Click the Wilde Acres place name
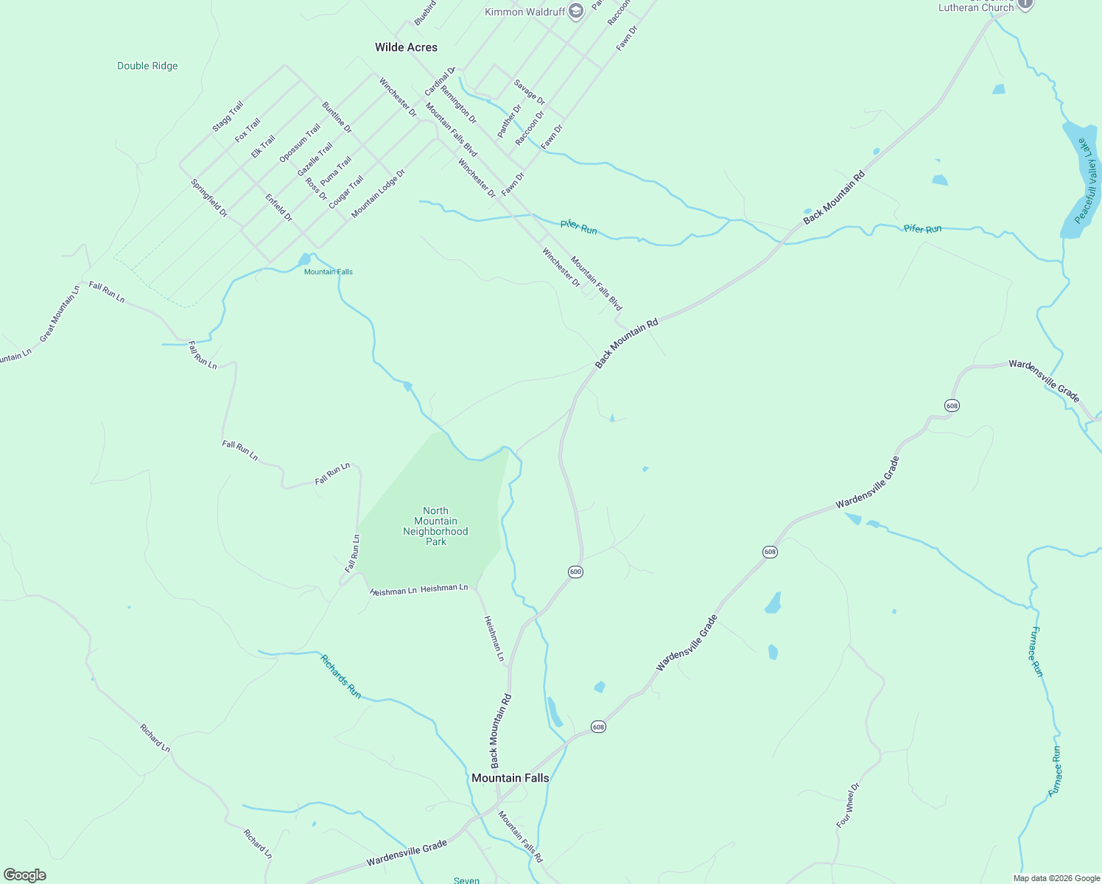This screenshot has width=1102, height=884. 406,47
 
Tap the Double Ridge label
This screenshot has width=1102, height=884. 147,66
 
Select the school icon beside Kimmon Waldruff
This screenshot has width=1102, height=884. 576,10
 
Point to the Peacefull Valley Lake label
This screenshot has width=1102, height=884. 1086,180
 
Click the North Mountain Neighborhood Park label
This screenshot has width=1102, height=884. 435,526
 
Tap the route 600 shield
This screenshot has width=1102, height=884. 575,572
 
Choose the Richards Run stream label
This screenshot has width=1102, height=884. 341,676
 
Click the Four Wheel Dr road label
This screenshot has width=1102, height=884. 848,805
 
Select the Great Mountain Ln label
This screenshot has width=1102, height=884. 59,314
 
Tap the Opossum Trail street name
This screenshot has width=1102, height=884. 300,143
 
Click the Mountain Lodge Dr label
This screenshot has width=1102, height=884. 378,194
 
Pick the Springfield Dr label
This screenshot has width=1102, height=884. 209,198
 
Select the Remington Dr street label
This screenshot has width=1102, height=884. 458,105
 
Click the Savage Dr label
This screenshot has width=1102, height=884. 530,93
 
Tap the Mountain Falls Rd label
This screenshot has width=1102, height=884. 520,837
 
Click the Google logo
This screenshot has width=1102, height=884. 24,875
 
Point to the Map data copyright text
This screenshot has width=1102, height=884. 1056,878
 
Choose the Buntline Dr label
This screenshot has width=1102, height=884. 337,118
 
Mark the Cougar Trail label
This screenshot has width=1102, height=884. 345,192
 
